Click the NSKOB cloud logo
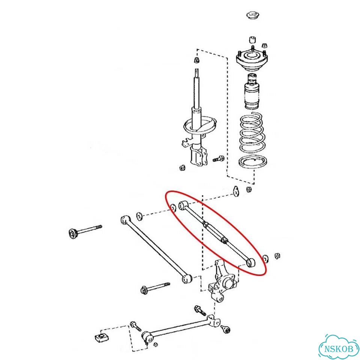click(339, 347)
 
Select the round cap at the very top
click(254, 16)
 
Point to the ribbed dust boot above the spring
click(252, 91)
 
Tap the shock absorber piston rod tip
click(197, 71)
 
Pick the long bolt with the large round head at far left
click(85, 231)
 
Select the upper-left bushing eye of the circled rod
click(183, 205)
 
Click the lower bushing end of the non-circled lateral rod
click(186, 279)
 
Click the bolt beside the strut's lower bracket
click(218, 159)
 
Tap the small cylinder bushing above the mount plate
click(252, 40)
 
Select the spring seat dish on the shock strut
click(200, 125)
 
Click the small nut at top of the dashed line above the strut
click(196, 60)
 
